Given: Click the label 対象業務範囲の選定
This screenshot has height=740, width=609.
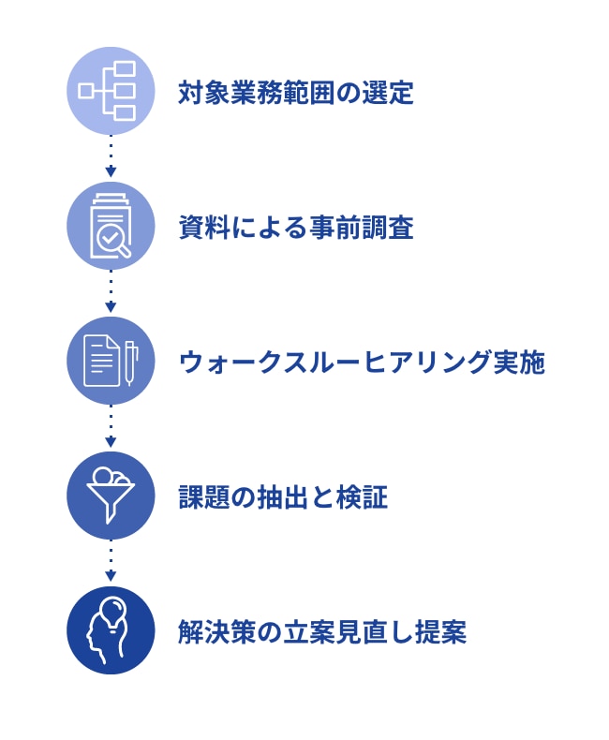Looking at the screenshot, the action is click(296, 92).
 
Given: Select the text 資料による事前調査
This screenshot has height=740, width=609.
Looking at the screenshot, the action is click(296, 228).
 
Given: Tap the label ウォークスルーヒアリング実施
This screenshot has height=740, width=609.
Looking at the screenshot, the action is click(362, 363).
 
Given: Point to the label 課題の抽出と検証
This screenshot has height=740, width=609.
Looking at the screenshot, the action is click(283, 497).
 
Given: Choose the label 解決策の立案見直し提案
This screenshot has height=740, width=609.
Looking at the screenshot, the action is click(322, 631).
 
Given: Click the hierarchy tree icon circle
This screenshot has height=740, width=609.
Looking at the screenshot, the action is click(111, 91).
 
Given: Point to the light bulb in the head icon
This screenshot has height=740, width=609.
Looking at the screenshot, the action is click(112, 613).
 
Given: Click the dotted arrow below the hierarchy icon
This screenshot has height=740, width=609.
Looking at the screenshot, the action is click(111, 156).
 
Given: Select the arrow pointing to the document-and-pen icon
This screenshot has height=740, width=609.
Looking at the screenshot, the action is click(111, 291).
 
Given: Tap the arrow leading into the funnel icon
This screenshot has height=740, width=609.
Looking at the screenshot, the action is click(111, 425).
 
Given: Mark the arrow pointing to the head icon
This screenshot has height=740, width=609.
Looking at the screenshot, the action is click(111, 561).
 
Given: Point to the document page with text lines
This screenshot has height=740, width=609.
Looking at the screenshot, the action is click(101, 361).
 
